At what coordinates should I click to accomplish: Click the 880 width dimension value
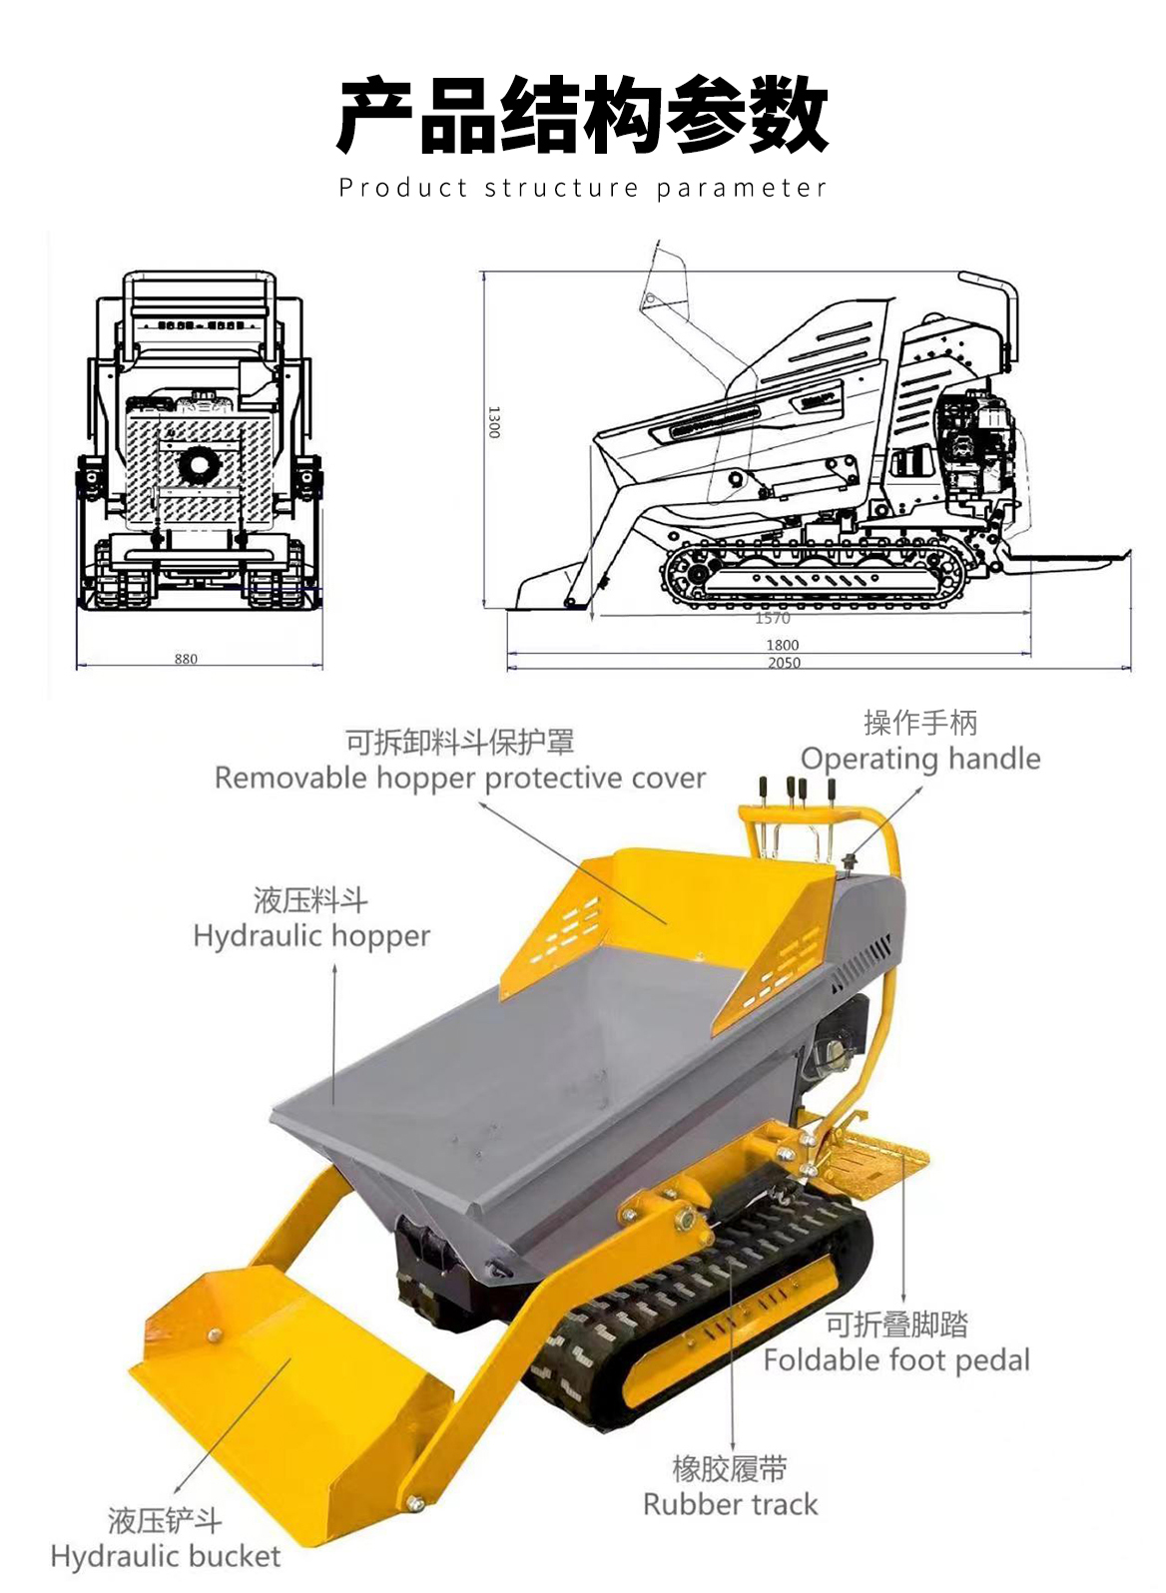[186, 659]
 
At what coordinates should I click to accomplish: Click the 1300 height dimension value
[494, 422]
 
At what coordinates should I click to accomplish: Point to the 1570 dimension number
[773, 618]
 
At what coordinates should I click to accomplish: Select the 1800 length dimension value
[783, 645]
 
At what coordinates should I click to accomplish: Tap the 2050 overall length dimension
[784, 663]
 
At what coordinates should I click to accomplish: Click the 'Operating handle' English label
[920, 759]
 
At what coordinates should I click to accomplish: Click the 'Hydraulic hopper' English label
[311, 936]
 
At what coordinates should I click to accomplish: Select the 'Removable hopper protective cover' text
[460, 778]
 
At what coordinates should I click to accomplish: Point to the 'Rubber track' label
[731, 1505]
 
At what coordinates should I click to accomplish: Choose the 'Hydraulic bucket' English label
[166, 1557]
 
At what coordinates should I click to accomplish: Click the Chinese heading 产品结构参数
[582, 115]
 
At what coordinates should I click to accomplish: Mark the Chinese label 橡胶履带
[731, 1468]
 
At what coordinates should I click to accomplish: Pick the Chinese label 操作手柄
[920, 724]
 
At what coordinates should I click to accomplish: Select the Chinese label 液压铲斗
[166, 1521]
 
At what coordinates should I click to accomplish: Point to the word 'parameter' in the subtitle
[742, 189]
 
